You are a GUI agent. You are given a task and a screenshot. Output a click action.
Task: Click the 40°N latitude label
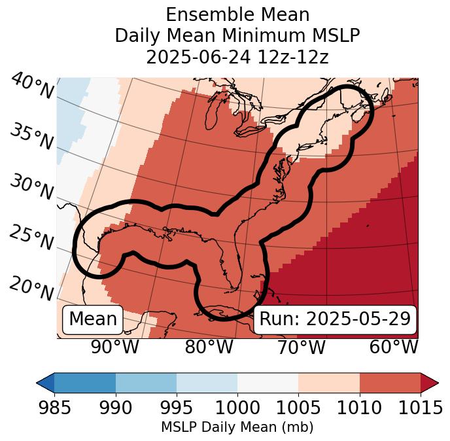click(x=32, y=86)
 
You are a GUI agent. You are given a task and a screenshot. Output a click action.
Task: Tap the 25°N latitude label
click(x=32, y=238)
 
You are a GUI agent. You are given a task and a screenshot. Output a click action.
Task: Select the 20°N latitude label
click(x=32, y=289)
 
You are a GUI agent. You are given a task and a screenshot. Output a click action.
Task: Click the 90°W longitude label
click(x=114, y=347)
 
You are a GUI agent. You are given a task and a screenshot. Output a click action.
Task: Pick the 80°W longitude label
click(x=209, y=347)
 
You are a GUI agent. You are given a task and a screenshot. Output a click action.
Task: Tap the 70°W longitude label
click(x=301, y=347)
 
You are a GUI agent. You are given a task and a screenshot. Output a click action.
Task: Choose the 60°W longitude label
click(x=393, y=347)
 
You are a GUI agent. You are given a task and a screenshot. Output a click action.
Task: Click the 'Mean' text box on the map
click(x=93, y=319)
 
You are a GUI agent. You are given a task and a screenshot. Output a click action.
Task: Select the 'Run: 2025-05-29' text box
click(x=335, y=319)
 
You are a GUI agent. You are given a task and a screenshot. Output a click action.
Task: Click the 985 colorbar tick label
click(x=54, y=408)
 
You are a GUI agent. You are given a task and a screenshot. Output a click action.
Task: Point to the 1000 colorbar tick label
click(x=237, y=408)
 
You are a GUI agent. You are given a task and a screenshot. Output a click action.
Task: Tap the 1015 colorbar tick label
click(x=420, y=408)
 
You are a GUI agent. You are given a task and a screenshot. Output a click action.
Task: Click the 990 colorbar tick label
click(x=115, y=408)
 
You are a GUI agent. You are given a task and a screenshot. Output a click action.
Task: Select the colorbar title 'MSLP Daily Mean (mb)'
click(x=237, y=427)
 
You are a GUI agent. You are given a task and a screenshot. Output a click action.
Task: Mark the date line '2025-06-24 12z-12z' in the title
click(x=237, y=57)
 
